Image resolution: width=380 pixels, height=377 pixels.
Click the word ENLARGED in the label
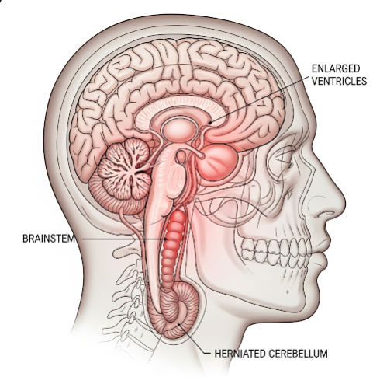click(336, 68)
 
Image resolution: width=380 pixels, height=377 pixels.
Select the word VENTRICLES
click(339, 81)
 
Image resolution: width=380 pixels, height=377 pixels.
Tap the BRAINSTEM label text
click(49, 239)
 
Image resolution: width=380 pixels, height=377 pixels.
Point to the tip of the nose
click(344, 204)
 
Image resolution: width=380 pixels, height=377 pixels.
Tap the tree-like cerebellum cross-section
click(125, 169)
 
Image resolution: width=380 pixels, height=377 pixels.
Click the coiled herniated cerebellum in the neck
click(174, 311)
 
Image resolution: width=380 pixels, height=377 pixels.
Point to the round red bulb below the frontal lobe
click(217, 162)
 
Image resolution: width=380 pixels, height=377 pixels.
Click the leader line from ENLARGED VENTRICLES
click(260, 99)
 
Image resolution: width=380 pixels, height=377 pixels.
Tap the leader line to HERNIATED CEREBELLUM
click(193, 339)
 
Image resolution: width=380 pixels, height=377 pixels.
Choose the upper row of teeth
click(276, 246)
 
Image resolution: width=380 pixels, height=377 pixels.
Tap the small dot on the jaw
click(288, 292)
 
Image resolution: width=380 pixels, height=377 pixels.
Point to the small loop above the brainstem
click(181, 157)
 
